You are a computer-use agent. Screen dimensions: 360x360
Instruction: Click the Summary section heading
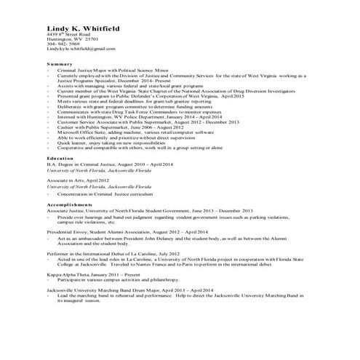59,64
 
